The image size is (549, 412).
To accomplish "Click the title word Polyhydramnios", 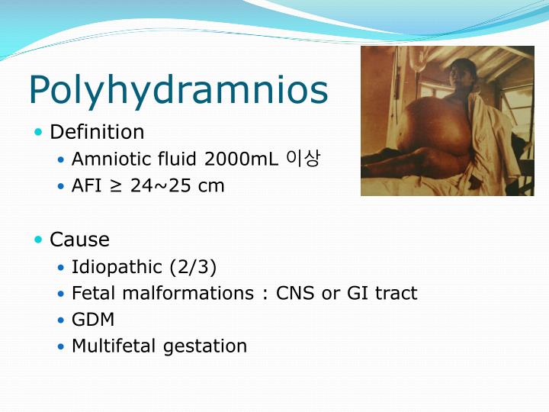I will point(178,90).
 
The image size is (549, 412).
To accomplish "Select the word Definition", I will point(97,132).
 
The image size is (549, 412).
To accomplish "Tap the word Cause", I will point(79,240).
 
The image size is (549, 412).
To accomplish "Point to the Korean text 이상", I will point(303,159).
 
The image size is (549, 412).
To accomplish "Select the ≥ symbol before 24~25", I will point(116,185).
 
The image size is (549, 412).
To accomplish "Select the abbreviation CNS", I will point(293,293).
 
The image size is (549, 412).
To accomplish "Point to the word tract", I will point(396,293).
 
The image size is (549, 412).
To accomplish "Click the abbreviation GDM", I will point(89,320).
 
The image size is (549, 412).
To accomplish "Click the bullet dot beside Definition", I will point(39,133).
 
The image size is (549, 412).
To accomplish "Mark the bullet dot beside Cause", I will point(39,240).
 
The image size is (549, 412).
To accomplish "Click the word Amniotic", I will point(108,159).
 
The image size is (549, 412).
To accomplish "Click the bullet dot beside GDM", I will point(62,320).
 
